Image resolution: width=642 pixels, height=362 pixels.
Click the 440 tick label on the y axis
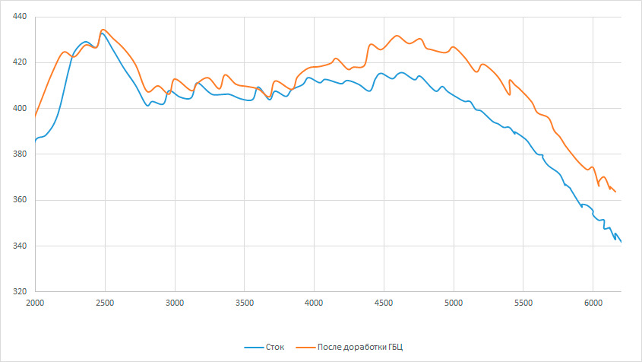20,17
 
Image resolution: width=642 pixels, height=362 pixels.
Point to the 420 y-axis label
20,62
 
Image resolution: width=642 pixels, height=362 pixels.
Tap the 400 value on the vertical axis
20,108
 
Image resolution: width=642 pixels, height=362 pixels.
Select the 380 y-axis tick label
20,154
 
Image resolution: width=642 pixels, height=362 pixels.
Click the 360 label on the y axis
20,200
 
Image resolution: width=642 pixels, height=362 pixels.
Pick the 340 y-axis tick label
20,246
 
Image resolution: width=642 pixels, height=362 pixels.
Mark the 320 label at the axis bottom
20,292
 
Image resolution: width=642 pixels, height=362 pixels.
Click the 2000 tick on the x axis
35,303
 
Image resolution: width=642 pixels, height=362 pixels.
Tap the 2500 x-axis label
105,303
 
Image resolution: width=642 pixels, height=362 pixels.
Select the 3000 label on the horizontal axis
175,303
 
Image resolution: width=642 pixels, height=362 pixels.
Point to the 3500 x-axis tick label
245,303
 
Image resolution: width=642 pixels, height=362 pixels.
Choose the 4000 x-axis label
314,303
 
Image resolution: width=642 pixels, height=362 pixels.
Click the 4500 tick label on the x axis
384,303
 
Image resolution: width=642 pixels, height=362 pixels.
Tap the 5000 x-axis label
454,303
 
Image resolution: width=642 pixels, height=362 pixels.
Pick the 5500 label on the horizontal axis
523,303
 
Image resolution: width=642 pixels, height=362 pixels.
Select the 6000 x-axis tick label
593,303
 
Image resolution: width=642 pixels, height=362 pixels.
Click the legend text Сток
275,348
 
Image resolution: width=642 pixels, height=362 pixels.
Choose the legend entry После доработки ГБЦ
360,348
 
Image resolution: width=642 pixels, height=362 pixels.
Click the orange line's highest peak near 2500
103,30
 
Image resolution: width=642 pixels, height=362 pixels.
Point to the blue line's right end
621,242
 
